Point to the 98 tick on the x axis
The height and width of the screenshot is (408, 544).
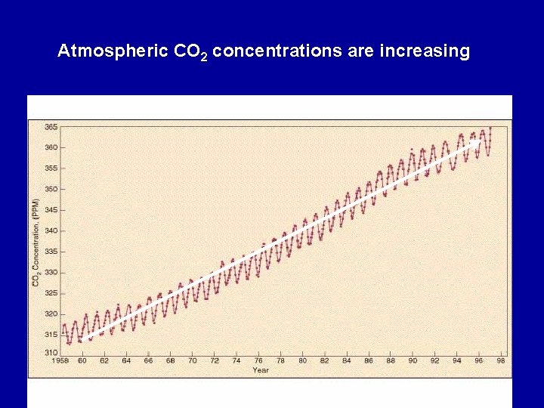coord(502,361)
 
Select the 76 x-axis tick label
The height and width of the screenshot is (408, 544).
coord(258,361)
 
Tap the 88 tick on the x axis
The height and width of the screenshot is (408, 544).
coord(391,361)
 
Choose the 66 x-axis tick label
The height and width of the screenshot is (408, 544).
coord(148,361)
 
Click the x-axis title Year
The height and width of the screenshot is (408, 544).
coord(261,370)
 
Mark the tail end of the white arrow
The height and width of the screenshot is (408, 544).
coord(85,337)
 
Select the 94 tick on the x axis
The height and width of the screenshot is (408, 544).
coord(457,361)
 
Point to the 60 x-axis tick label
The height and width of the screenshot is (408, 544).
coord(82,361)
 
